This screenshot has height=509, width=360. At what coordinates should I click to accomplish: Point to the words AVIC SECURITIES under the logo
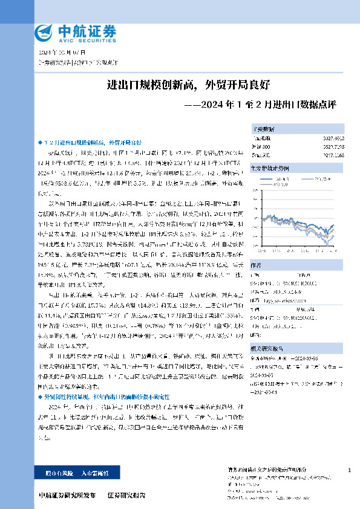tap(86, 40)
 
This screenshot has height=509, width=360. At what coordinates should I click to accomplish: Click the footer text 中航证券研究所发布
tap(66, 495)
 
